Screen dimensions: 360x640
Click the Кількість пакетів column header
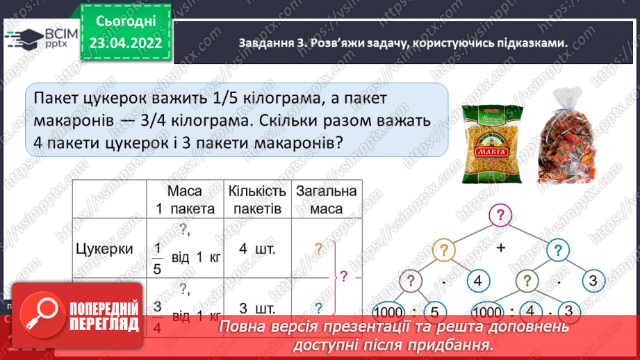point(256,199)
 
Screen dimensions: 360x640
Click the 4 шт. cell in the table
point(256,249)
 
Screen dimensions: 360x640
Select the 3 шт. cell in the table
point(256,307)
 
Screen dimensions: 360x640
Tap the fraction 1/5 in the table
point(156,259)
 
